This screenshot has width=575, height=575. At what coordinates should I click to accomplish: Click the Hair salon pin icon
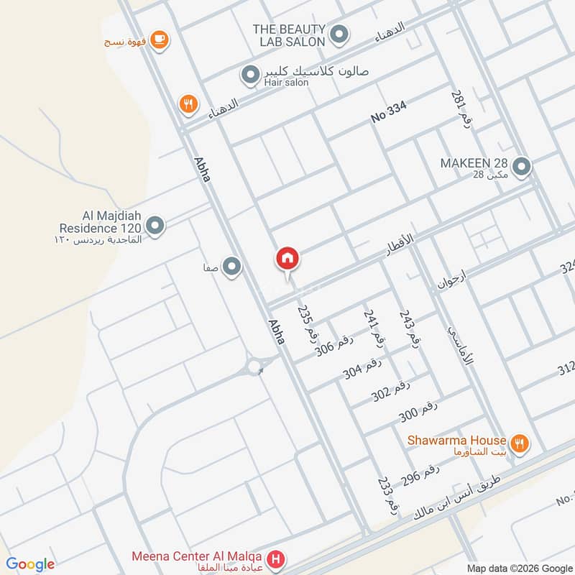(x=250, y=75)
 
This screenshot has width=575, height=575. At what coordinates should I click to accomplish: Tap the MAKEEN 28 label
(x=474, y=163)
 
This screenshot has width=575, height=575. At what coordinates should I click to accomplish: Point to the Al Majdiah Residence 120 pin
(x=155, y=226)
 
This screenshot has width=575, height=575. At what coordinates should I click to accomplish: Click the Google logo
(x=30, y=564)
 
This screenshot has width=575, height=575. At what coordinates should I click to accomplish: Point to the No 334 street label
(x=389, y=112)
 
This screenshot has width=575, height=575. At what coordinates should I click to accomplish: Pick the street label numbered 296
(x=420, y=475)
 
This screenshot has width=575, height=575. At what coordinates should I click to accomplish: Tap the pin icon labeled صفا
(x=231, y=267)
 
